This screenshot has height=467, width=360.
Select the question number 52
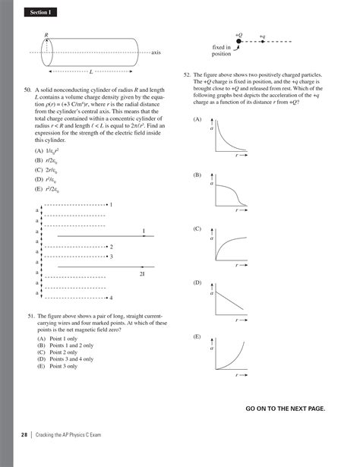[x=188, y=76]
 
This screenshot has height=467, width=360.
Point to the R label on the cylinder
[x=46, y=35]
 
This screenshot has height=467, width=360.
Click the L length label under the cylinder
[x=91, y=71]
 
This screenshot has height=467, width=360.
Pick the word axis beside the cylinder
[x=156, y=52]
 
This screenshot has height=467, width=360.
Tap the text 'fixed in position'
[x=221, y=51]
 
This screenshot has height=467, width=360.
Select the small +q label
[x=262, y=36]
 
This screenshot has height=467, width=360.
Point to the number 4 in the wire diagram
[x=111, y=298]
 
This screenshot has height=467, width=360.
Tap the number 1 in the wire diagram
[x=111, y=205]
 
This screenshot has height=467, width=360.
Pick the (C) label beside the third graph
[x=197, y=229]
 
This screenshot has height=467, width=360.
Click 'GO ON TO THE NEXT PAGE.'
[x=286, y=408]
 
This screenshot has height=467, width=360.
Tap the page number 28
[x=24, y=456]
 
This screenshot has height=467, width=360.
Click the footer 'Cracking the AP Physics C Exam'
[x=72, y=456]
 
